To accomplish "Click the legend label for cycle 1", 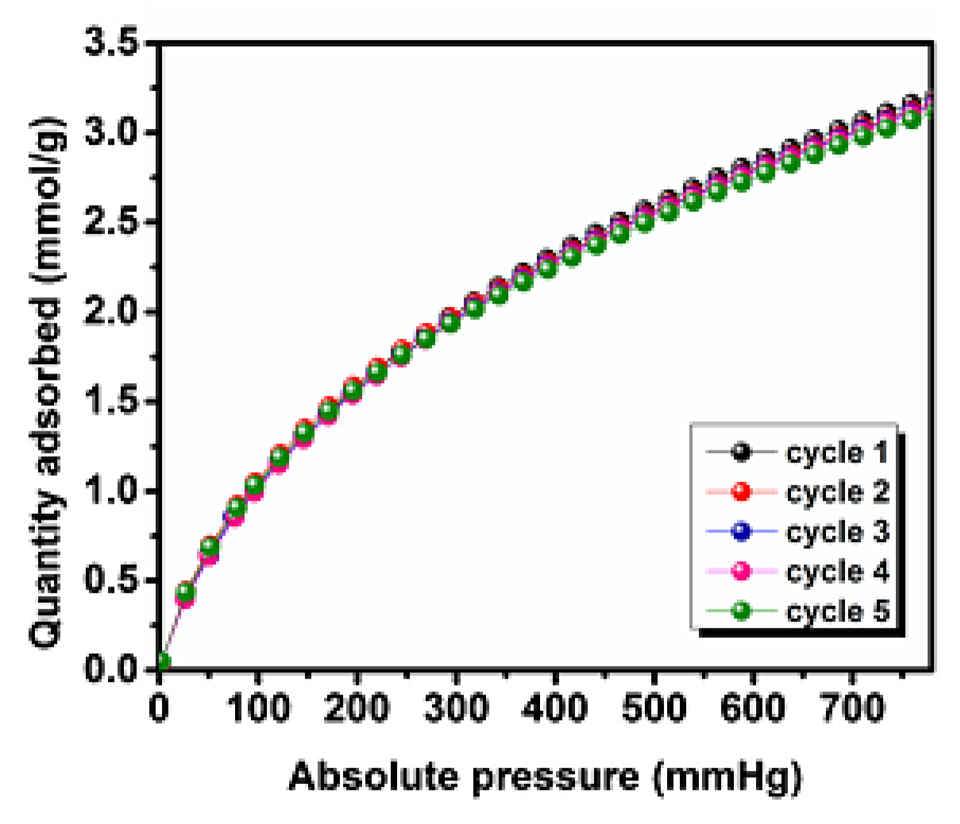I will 837,453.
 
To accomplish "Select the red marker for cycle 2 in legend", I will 741,492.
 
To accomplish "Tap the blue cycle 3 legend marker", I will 741,531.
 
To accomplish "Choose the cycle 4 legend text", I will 837,571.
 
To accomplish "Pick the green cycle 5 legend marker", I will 741,611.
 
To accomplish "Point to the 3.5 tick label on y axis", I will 112,44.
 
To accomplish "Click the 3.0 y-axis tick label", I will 112,133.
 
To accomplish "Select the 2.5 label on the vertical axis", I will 112,223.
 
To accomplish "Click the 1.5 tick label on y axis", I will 112,402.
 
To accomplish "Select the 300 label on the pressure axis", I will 456,708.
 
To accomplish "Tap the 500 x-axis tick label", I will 654,708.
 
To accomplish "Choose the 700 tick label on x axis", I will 853,708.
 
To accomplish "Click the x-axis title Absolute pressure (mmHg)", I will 545,776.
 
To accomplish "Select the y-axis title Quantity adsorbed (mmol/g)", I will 48,381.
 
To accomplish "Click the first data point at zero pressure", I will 162,662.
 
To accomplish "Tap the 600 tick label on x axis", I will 754,708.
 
